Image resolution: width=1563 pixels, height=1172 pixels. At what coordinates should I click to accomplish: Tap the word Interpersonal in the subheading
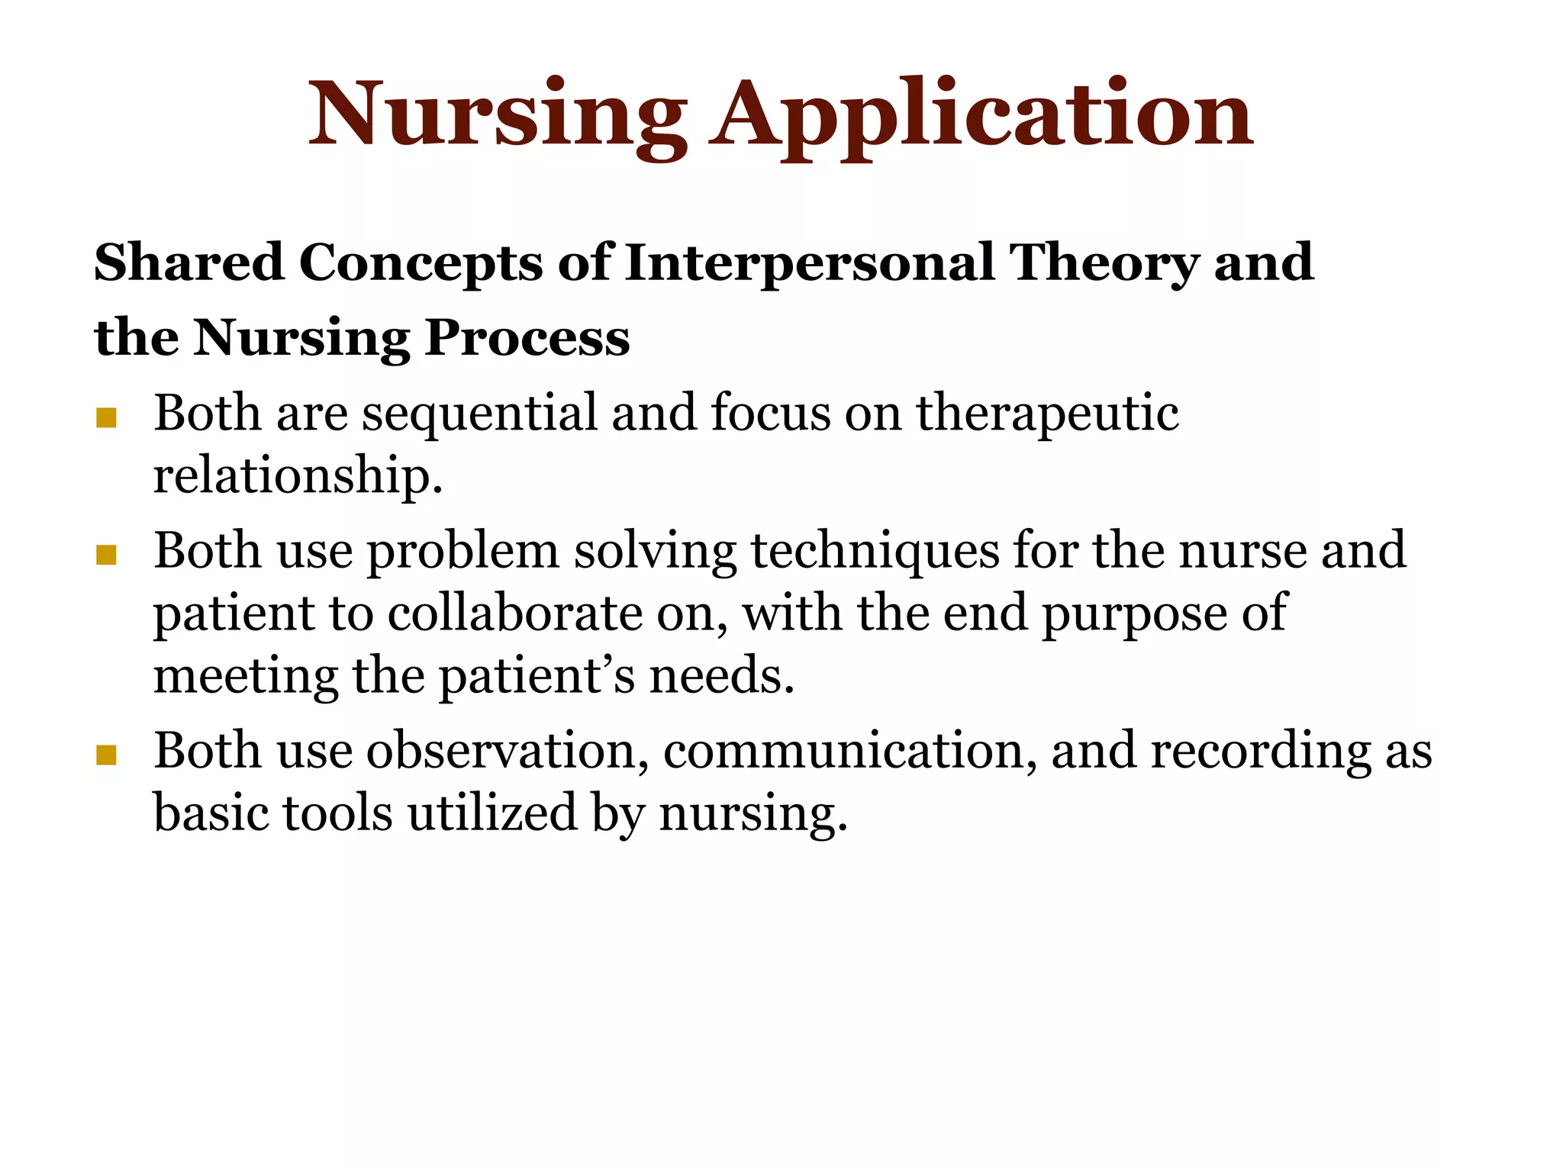pos(810,262)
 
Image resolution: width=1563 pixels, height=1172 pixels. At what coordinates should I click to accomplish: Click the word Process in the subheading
pos(527,337)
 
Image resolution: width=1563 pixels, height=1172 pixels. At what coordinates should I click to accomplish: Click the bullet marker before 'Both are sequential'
pos(106,418)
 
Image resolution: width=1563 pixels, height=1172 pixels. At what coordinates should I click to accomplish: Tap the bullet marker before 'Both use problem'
pos(106,555)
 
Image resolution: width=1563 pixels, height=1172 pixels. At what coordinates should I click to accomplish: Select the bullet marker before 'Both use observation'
pos(106,755)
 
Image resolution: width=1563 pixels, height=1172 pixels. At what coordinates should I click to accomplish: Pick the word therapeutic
pos(1047,414)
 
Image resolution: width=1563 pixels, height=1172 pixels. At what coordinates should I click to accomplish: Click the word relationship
pos(298,476)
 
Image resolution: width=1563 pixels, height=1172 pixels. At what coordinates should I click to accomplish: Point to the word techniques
pos(875,551)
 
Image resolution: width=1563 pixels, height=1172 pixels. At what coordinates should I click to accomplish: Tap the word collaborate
pos(515,613)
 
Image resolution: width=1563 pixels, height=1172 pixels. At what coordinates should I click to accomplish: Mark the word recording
pos(1260,751)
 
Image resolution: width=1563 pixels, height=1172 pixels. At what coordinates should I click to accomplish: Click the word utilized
pos(493,813)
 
